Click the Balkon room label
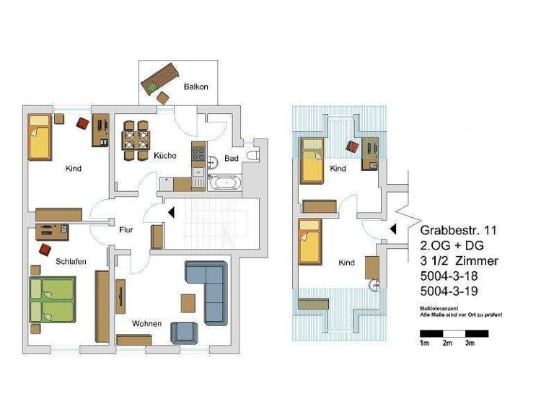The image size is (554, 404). [x=195, y=87]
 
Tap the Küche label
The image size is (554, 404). [x=164, y=156]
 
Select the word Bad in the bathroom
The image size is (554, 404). [x=231, y=158]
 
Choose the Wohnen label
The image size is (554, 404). [x=146, y=323]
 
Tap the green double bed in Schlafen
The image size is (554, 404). [x=51, y=299]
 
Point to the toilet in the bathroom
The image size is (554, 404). [x=252, y=155]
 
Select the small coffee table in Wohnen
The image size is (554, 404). [x=188, y=301]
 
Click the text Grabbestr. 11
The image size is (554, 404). [x=458, y=231]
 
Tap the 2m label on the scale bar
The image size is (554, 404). [x=447, y=343]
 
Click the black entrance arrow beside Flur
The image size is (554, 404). [x=171, y=212]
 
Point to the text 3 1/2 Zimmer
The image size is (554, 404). [x=459, y=260]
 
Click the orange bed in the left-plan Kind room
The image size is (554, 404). [x=40, y=136]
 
